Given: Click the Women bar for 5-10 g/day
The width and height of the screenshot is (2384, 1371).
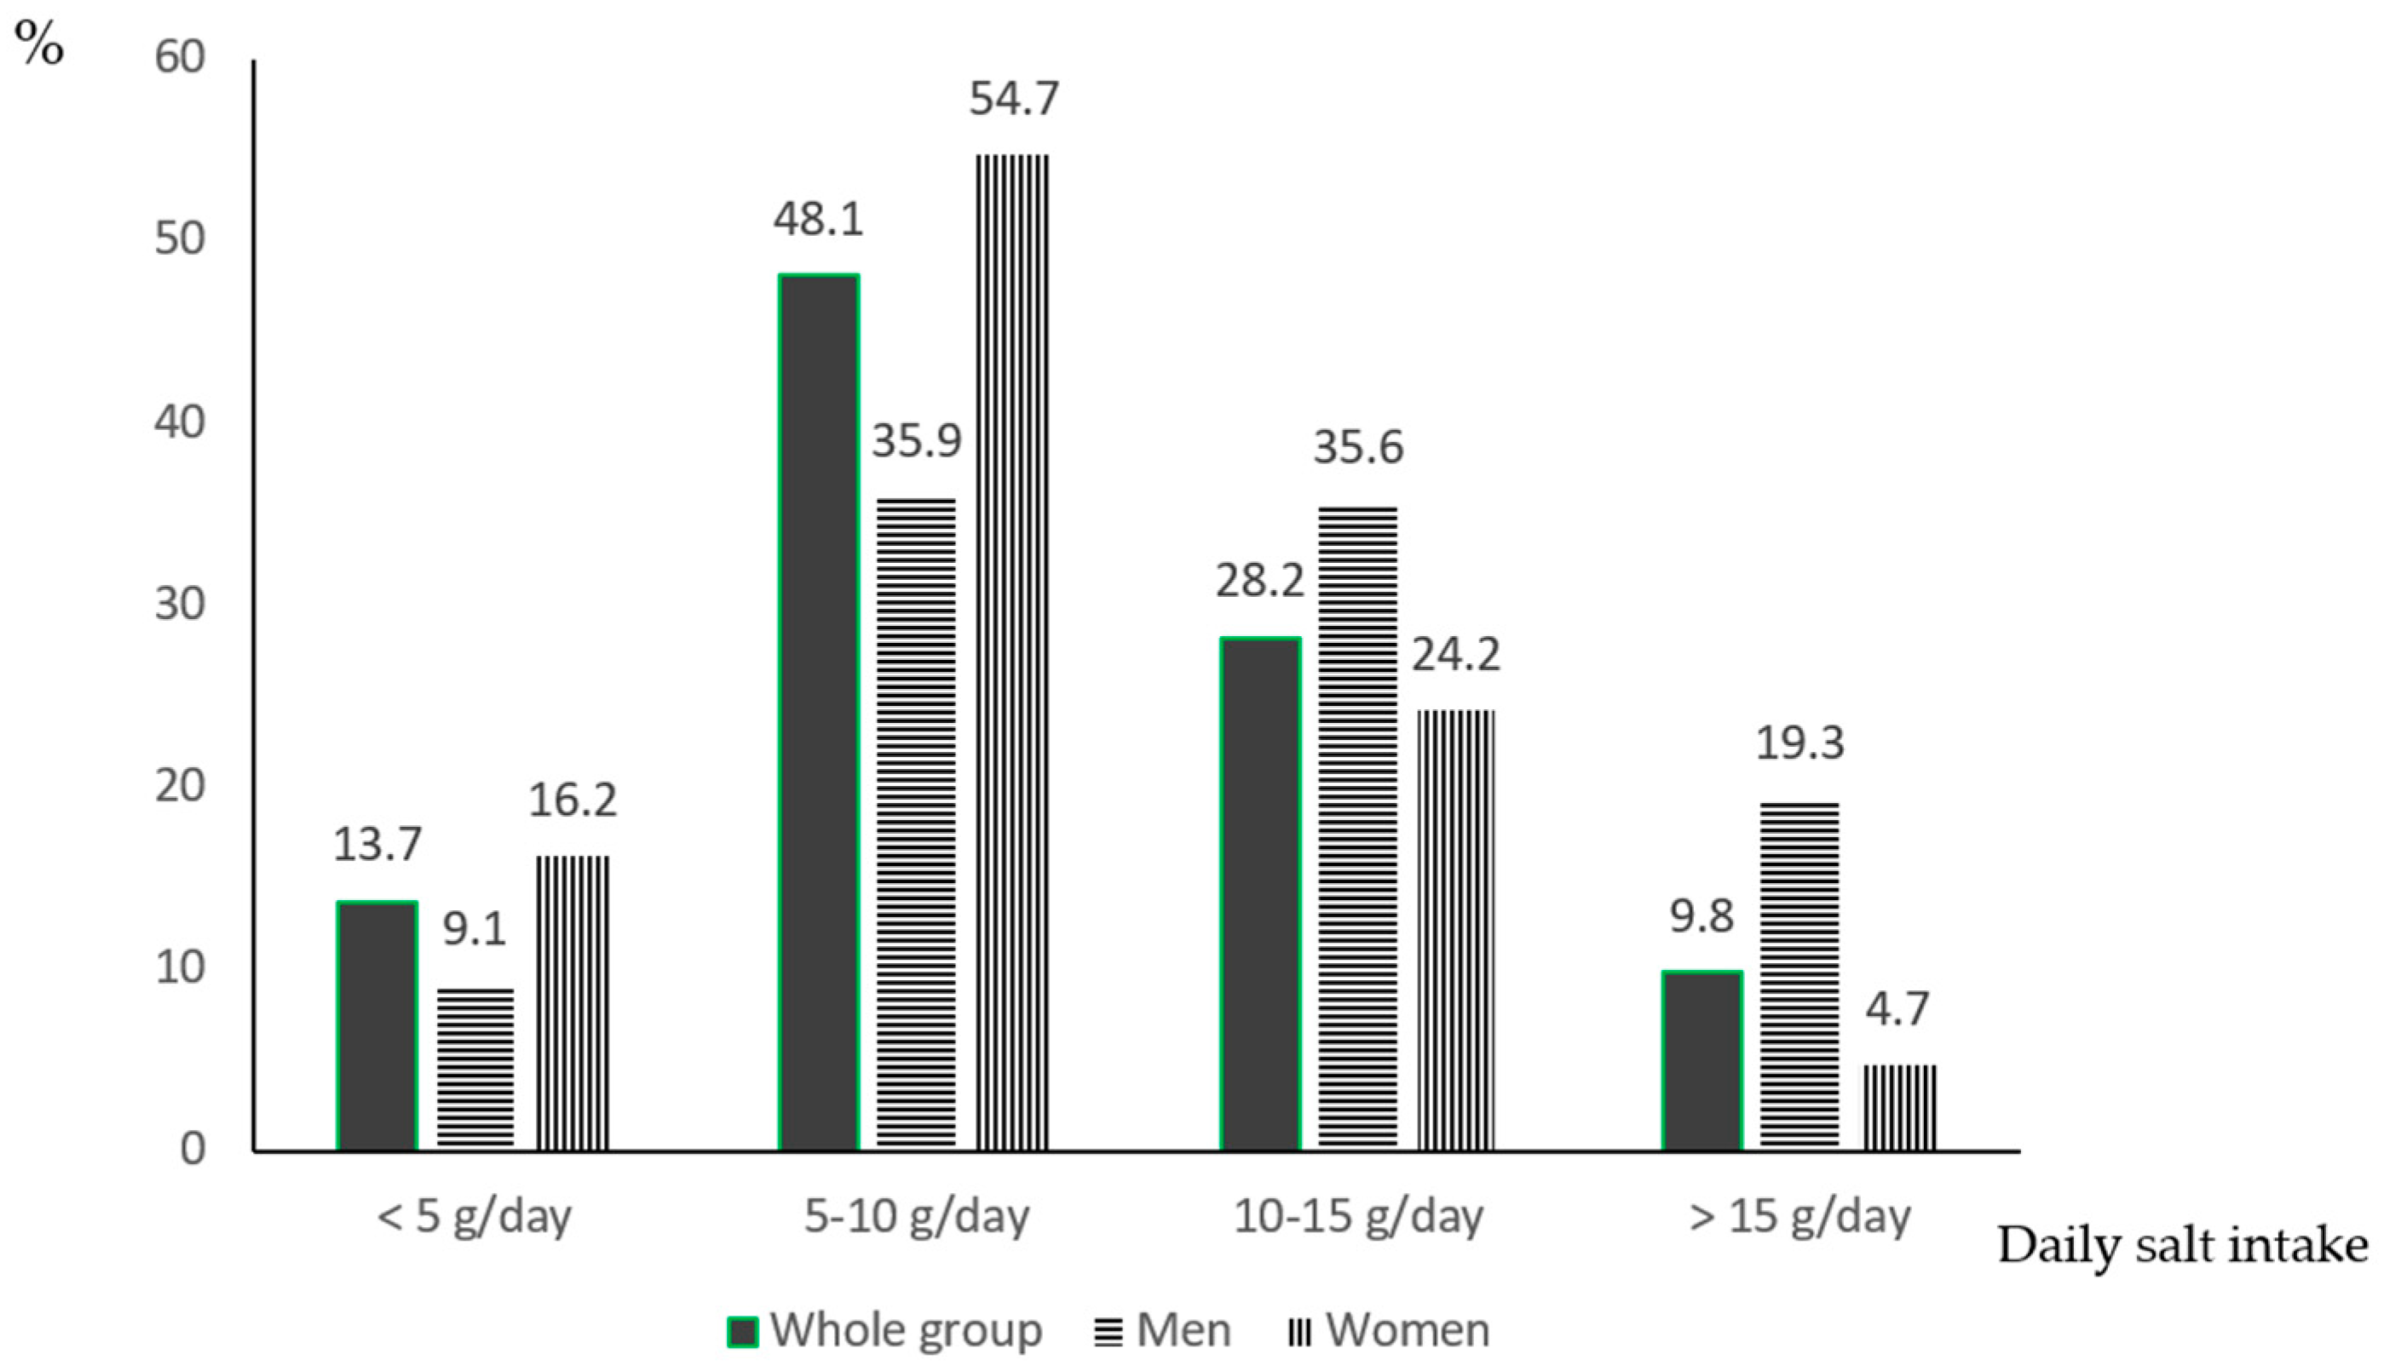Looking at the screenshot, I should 1011,651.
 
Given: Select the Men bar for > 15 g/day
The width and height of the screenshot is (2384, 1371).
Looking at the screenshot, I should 1799,977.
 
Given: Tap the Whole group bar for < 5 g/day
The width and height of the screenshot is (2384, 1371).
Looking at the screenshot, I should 377,1026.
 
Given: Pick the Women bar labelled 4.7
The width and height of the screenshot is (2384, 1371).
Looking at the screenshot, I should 1900,1108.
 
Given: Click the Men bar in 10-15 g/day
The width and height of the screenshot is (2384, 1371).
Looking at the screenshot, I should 1357,829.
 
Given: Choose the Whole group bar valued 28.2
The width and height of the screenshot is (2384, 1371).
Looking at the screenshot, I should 1260,894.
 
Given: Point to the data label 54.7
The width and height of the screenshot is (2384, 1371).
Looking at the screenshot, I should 1015,99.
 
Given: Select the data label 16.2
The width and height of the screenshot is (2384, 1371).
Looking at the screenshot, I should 572,800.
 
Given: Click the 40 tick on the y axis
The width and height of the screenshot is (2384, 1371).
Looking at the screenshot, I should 179,421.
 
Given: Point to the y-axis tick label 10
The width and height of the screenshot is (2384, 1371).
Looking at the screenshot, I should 179,967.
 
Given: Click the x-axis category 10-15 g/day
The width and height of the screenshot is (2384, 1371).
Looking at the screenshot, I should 1358,1217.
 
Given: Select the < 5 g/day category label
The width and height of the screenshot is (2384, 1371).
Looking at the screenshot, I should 474,1217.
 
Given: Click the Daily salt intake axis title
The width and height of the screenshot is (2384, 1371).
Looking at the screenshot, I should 2182,1246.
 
